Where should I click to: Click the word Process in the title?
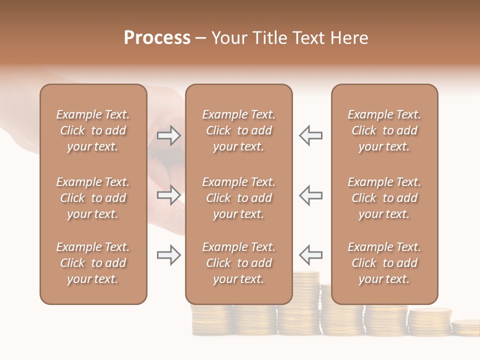pyautogui.click(x=157, y=38)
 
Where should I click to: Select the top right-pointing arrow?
pyautogui.click(x=169, y=135)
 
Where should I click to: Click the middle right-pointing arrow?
pyautogui.click(x=169, y=195)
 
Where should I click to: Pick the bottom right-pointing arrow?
pyautogui.click(x=169, y=255)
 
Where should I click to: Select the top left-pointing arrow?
pyautogui.click(x=310, y=135)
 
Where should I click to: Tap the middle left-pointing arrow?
pyautogui.click(x=310, y=195)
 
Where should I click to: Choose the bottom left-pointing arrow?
pyautogui.click(x=310, y=255)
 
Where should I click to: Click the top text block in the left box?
pyautogui.click(x=93, y=130)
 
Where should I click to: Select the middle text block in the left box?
pyautogui.click(x=93, y=198)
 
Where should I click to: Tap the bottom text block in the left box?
pyautogui.click(x=93, y=263)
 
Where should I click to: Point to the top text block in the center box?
pyautogui.click(x=238, y=130)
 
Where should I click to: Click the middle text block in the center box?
pyautogui.click(x=238, y=198)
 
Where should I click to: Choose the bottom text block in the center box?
pyautogui.click(x=238, y=263)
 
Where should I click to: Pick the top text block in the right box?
pyautogui.click(x=384, y=130)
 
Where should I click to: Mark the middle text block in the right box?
pyautogui.click(x=384, y=198)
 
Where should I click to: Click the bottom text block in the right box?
pyautogui.click(x=384, y=263)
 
